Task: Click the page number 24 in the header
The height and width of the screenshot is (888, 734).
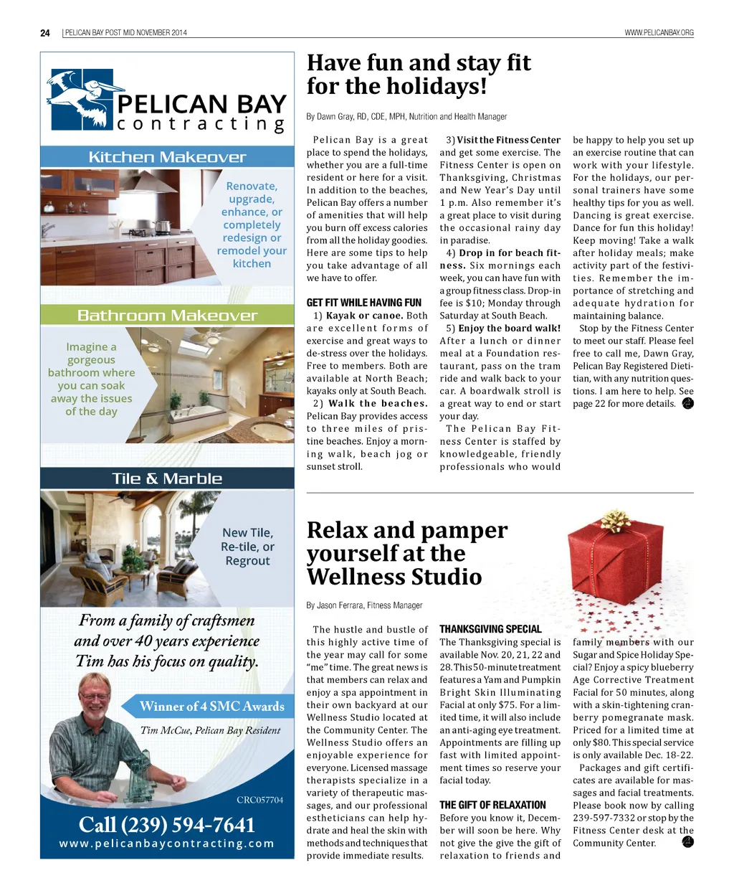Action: coord(45,33)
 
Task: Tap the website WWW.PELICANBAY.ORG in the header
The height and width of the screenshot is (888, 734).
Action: coord(659,33)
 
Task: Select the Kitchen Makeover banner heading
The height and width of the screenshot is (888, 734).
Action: coord(167,157)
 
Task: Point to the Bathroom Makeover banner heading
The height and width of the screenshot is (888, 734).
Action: coord(167,316)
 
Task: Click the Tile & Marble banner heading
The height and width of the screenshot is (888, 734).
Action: coord(167,478)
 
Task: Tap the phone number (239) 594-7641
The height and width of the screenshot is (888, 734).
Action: coord(167,825)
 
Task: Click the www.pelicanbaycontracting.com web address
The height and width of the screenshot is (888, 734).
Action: coord(167,844)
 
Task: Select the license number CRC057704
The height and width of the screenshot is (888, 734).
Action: coord(259,800)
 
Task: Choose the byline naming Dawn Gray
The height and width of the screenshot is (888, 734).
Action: coord(406,116)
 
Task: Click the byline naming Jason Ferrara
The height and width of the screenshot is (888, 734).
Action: coord(364,605)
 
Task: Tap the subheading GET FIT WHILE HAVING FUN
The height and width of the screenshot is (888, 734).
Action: coord(364,303)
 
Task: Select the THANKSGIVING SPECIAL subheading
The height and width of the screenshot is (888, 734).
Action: coord(490,629)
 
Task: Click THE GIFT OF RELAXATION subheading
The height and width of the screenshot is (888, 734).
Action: coord(492,805)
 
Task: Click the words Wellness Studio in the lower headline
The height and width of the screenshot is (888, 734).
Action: coord(394,577)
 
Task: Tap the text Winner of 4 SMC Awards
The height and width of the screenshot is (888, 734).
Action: coord(212,707)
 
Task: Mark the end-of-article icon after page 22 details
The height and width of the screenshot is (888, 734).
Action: coord(688,403)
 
